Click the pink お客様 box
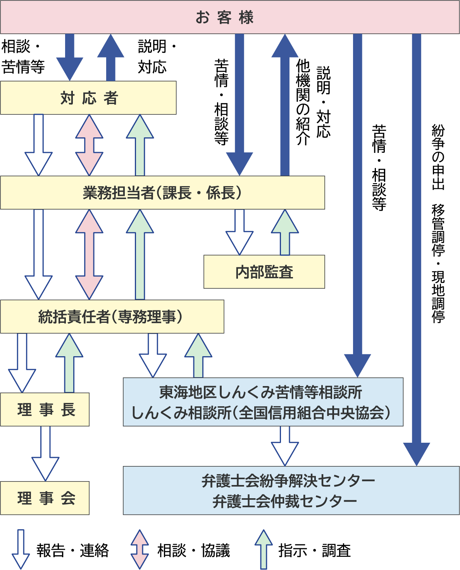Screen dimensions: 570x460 pos(230,17)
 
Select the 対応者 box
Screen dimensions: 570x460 pos(88,98)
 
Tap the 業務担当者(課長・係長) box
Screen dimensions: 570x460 pos(162,193)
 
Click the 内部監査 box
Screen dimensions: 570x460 pos(264,272)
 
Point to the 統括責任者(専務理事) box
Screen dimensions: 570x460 pos(112,317)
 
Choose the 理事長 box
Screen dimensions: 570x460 pos(45,409)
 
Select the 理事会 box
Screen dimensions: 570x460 pos(45,498)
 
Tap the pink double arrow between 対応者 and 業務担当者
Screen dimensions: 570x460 pos(89,145)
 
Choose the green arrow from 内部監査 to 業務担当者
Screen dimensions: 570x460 pos(285,232)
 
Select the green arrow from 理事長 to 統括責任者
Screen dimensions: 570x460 pos(69,363)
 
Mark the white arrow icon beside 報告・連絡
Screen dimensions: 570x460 pos(21,549)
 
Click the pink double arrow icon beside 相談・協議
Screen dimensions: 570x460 pos(140,549)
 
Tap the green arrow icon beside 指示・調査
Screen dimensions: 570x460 pos(264,549)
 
